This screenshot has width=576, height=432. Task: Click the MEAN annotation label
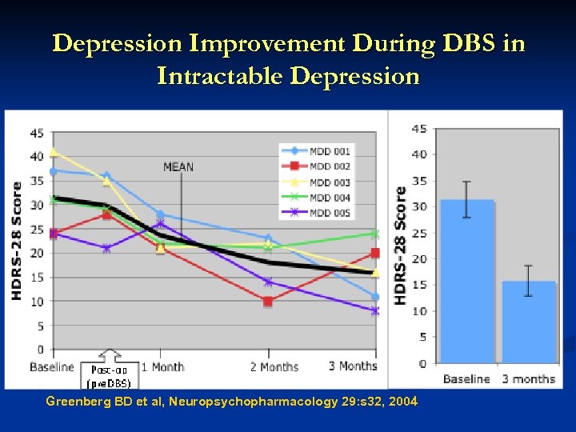click(x=178, y=167)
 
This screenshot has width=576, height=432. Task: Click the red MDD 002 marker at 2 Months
click(x=268, y=302)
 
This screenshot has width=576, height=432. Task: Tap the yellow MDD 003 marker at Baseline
click(x=54, y=151)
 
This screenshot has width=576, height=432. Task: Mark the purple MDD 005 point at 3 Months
click(x=375, y=311)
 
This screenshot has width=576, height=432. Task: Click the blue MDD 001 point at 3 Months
click(x=375, y=297)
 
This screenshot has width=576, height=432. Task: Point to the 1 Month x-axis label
click(x=162, y=367)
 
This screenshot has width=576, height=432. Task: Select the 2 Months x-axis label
click(x=274, y=367)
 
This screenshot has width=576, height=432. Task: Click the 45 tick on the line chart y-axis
click(x=37, y=132)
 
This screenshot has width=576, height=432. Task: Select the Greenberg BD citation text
click(x=231, y=401)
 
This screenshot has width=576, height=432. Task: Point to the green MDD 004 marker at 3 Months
click(x=375, y=234)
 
